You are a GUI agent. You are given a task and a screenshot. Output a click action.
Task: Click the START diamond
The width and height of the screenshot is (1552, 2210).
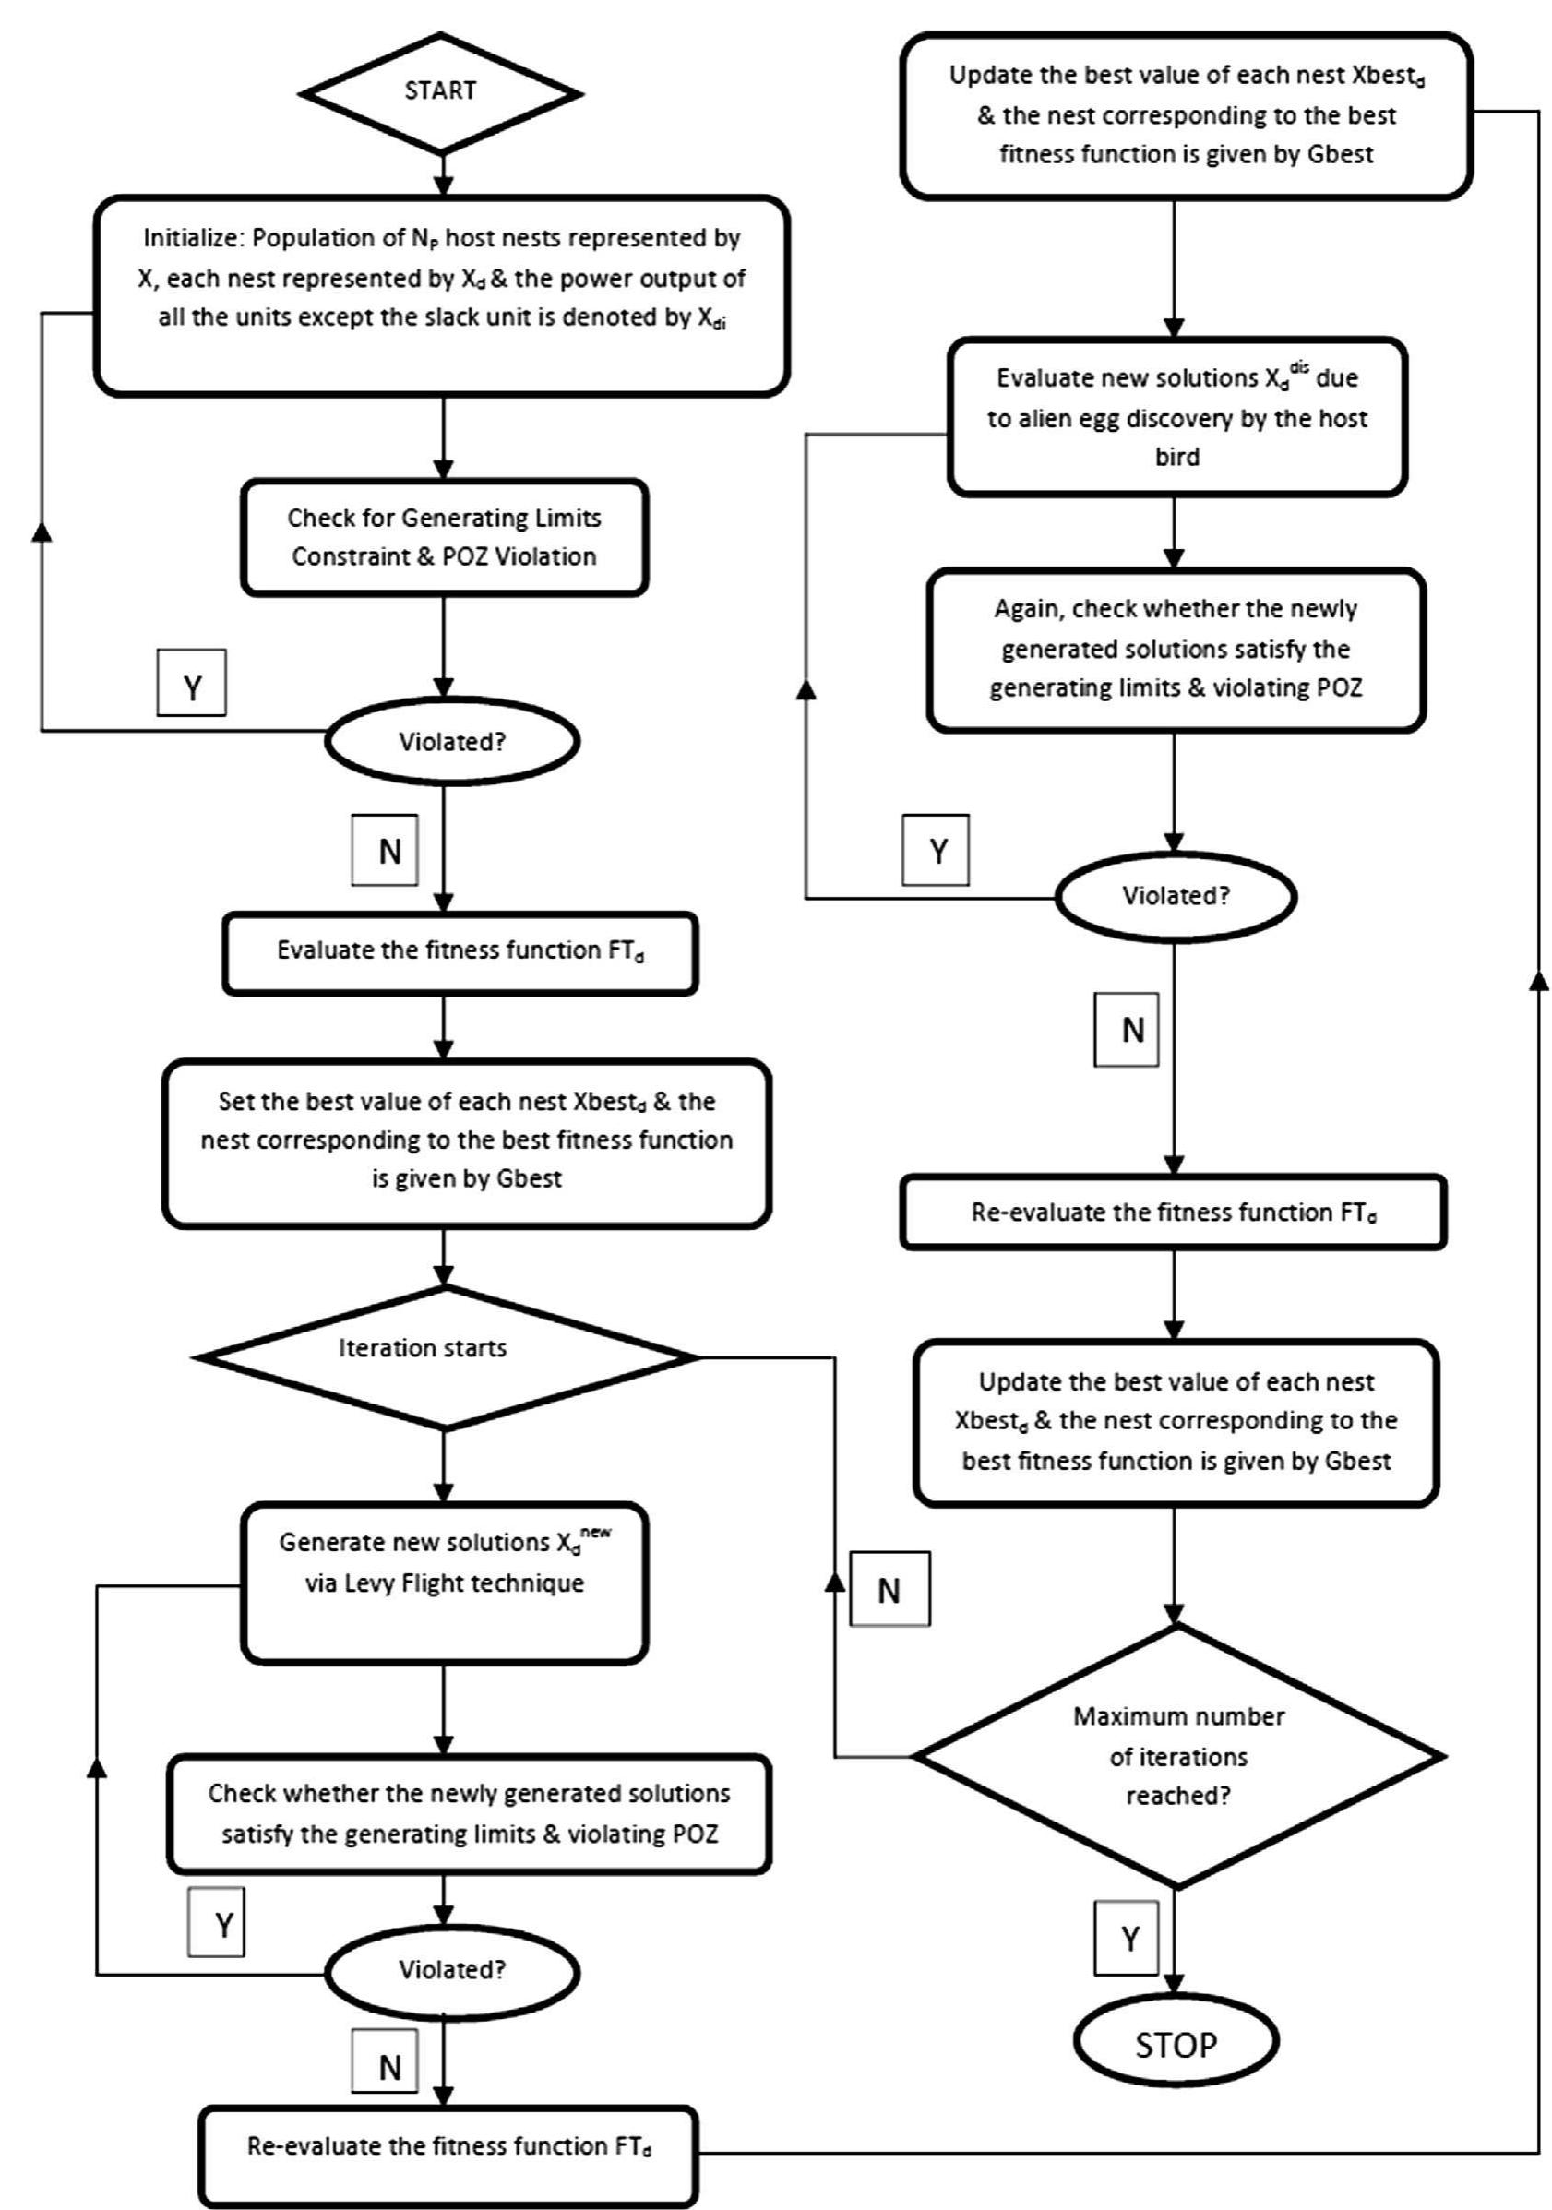tap(441, 92)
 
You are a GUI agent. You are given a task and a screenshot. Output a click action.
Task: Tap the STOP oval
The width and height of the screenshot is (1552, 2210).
tap(1176, 2044)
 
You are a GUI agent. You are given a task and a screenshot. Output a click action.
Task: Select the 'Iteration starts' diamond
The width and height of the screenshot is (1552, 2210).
tap(444, 1356)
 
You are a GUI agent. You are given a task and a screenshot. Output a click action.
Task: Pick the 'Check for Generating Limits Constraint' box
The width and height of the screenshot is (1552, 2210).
tap(444, 537)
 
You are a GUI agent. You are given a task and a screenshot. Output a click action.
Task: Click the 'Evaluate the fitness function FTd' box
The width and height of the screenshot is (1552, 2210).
tap(460, 952)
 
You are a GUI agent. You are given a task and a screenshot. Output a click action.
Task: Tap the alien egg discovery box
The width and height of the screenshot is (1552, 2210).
tap(1176, 417)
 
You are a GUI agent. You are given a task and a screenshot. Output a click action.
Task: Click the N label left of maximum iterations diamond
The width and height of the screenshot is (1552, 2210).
tap(889, 1590)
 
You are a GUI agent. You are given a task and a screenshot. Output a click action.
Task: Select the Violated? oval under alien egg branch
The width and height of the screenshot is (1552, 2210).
tap(1176, 896)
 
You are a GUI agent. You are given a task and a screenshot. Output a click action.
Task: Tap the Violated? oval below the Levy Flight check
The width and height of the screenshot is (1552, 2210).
tap(452, 1970)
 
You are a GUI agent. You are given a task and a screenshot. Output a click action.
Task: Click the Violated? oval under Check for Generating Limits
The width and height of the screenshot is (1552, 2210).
tap(452, 741)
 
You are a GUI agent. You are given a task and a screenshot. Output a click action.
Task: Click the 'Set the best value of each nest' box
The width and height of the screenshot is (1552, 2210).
tap(466, 1141)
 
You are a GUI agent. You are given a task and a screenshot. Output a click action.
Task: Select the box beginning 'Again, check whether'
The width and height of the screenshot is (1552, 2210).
tap(1176, 649)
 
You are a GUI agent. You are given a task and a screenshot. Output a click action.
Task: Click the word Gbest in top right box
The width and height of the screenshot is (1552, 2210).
tap(1340, 155)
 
